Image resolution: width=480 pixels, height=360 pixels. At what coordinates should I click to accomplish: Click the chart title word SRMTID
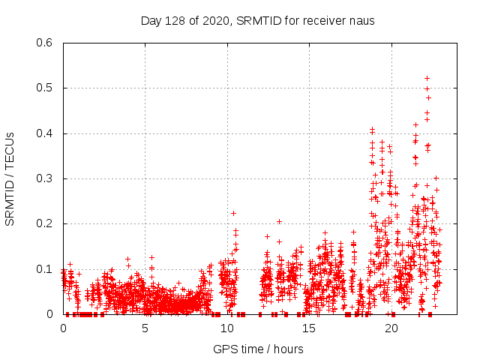point(257,20)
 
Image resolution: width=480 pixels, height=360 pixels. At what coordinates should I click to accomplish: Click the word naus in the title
point(361,20)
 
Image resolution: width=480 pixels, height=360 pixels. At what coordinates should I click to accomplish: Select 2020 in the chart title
point(216,20)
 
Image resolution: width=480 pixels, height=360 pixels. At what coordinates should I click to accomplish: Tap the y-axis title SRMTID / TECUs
point(10,178)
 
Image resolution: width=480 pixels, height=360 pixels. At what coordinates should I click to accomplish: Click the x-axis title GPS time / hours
point(258,349)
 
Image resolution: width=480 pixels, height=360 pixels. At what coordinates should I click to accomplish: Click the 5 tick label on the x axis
point(145,328)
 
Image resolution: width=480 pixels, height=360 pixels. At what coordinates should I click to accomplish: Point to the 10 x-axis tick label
point(226,328)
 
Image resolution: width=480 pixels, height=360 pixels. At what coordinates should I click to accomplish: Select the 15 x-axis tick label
point(309,328)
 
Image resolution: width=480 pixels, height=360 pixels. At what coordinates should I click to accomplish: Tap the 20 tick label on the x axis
point(391,328)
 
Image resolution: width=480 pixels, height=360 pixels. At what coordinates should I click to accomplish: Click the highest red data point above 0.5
point(427,78)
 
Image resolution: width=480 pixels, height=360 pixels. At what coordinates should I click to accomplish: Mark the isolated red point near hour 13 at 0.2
point(279,221)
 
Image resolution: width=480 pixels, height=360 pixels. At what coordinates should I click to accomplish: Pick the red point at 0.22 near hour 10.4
point(233,213)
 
